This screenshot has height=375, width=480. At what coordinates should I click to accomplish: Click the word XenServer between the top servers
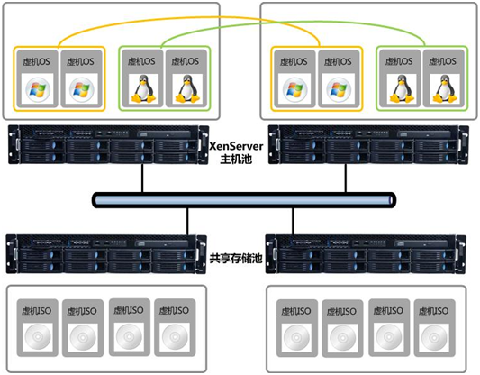pyautogui.click(x=236, y=146)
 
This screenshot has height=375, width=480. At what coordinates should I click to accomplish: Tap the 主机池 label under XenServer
pyautogui.click(x=236, y=159)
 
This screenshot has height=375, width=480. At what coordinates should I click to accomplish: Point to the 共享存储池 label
pyautogui.click(x=236, y=259)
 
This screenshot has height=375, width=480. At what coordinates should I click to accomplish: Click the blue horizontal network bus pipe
pyautogui.click(x=244, y=200)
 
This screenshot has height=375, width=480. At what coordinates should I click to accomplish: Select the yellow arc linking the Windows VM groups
pyautogui.click(x=189, y=17)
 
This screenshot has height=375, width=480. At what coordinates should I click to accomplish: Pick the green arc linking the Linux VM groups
pyautogui.click(x=293, y=23)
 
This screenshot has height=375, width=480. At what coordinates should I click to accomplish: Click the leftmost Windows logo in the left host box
pyautogui.click(x=37, y=88)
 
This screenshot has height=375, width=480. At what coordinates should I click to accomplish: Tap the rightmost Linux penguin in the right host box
pyautogui.click(x=445, y=88)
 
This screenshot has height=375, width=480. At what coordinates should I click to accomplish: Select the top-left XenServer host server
pyautogui.click(x=109, y=144)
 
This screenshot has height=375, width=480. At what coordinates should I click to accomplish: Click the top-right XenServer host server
pyautogui.click(x=368, y=144)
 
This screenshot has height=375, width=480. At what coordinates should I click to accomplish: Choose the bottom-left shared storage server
pyautogui.click(x=106, y=254)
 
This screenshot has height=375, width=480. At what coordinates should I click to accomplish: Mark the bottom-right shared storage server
pyautogui.click(x=366, y=254)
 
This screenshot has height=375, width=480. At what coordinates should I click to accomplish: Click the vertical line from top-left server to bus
pyautogui.click(x=142, y=178)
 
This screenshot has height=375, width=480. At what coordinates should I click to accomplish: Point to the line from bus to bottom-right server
pyautogui.click(x=293, y=221)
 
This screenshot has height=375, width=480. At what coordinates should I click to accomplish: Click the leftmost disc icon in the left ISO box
pyautogui.click(x=37, y=337)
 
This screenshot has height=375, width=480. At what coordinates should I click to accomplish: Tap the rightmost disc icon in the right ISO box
pyautogui.click(x=434, y=338)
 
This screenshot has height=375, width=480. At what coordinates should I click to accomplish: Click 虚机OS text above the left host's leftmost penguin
pyautogui.click(x=141, y=61)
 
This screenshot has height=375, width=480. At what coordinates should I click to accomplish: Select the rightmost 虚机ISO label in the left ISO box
pyautogui.click(x=174, y=311)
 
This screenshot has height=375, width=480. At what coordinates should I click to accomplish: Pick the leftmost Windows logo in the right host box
pyautogui.click(x=295, y=89)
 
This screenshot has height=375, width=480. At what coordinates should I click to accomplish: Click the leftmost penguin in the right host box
pyautogui.click(x=402, y=88)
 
